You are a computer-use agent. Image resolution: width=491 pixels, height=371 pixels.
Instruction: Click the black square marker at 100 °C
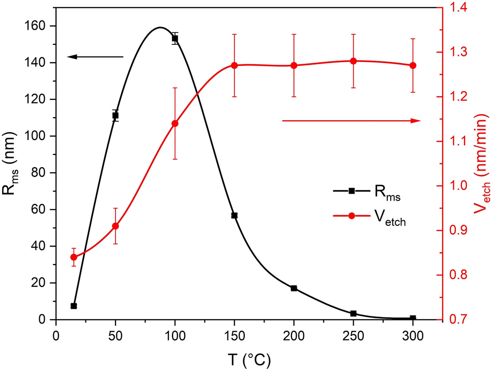[175, 38]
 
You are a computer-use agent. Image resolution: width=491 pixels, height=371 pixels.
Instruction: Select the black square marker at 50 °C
[115, 116]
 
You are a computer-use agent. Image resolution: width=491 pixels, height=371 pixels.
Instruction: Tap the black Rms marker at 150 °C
[235, 216]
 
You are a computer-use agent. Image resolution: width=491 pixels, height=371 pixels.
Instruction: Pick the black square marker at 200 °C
[294, 288]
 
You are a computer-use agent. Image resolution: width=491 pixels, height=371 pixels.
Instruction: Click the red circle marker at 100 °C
[175, 123]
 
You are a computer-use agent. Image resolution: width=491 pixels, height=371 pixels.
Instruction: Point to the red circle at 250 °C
[353, 61]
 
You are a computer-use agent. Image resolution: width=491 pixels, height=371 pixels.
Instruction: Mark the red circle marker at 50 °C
[115, 226]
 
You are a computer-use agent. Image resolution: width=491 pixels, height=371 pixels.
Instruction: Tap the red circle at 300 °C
[413, 65]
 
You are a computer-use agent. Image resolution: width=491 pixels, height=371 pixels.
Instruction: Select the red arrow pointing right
[351, 120]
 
